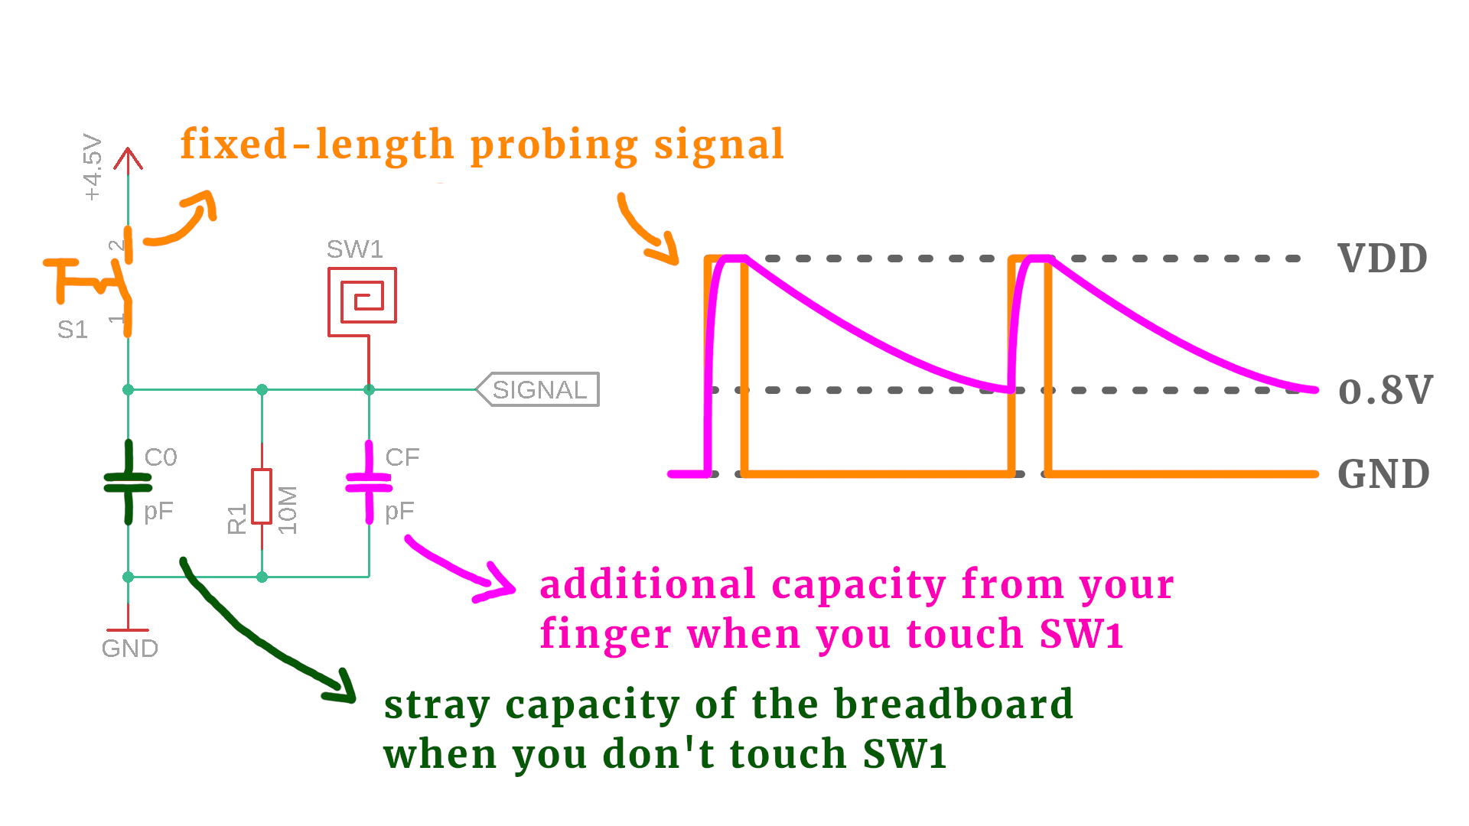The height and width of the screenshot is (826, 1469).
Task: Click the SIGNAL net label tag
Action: (539, 389)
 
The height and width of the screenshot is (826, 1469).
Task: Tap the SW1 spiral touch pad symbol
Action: (362, 296)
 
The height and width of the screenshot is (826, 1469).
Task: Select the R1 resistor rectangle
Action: (262, 496)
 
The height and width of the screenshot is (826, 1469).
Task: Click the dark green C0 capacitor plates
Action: (128, 482)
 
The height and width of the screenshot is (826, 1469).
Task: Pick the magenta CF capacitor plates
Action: (369, 483)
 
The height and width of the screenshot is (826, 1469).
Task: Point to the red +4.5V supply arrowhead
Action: (128, 158)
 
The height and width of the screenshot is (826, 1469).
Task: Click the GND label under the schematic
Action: (130, 649)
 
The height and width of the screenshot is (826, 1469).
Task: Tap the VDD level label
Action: (1383, 259)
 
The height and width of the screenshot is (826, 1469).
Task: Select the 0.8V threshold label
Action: (1385, 391)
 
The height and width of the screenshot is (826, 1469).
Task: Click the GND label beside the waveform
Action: (1383, 474)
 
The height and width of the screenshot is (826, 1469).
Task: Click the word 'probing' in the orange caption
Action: (553, 145)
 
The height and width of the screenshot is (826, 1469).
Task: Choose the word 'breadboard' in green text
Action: (953, 704)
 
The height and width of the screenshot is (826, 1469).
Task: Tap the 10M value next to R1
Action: (287, 509)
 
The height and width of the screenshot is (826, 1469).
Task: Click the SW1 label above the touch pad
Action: (354, 249)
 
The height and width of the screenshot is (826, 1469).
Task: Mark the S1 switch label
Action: (73, 330)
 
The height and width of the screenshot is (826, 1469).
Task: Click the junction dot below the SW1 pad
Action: (369, 389)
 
